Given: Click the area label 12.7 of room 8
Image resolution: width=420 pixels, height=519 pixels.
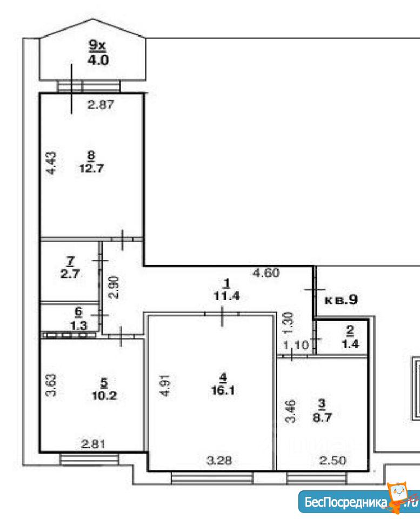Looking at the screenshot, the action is pos(91,168).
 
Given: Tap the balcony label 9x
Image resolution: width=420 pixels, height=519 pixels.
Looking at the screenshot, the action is pos(97,45).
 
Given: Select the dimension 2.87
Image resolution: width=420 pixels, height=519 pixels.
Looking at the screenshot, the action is pos(101,104).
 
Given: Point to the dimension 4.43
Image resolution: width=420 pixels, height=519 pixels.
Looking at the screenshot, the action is pos(51,163).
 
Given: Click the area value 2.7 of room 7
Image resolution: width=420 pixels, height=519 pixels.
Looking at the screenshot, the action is pos(70,274).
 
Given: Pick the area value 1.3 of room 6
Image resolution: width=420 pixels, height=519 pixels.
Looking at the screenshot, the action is pos(79,325).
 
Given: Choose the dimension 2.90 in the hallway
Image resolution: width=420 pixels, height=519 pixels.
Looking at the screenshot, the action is pos(114,287).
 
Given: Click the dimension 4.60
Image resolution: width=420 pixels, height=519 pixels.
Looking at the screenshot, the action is pos(266,272).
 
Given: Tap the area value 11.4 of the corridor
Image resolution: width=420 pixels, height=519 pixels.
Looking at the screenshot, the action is pos(226,296).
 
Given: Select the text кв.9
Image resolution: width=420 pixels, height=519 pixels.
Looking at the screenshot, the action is pos(341,300).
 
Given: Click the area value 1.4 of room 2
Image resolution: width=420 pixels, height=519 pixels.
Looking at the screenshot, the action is pos(350,344).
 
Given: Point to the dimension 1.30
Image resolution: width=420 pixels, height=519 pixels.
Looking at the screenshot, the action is pos(289,323).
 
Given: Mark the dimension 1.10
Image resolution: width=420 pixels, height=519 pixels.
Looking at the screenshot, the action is pos(296,345).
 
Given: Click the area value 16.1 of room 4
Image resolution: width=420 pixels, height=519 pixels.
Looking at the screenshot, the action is pos(223,390).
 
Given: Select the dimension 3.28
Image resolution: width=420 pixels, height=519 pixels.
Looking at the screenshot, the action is pos(219,460).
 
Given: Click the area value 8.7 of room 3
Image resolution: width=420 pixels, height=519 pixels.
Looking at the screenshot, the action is pos(322,417).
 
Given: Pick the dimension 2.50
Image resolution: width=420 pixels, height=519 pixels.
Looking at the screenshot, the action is pos(332,460).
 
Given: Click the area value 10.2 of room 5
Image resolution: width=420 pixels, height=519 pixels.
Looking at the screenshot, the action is pos(104,395).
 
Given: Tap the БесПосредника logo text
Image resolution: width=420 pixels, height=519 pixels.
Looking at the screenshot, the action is pos(345,502).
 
